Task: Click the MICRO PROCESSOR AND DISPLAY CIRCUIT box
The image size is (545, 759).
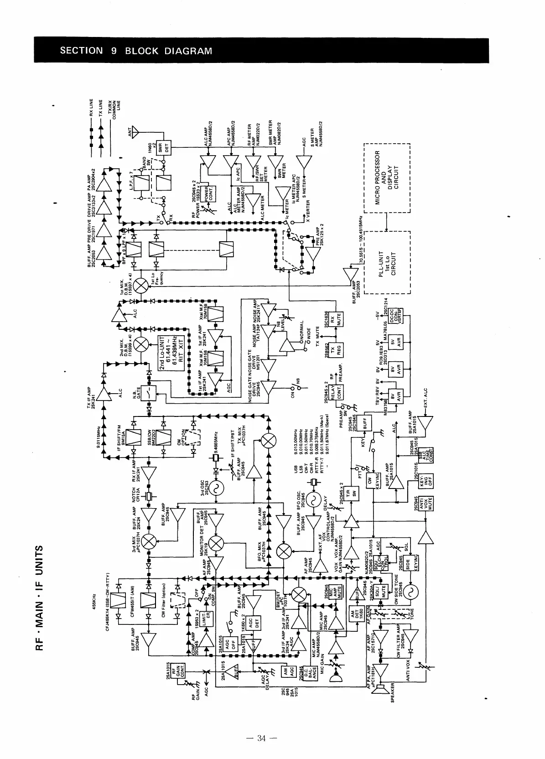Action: [x=386, y=178]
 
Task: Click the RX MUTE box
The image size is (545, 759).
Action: [x=338, y=320]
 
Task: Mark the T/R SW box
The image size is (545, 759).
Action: [x=353, y=493]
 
